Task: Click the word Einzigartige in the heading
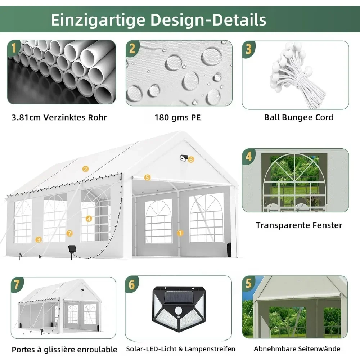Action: (x=98, y=20)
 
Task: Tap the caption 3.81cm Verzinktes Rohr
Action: (x=59, y=117)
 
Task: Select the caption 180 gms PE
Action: (x=178, y=118)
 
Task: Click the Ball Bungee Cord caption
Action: (x=299, y=117)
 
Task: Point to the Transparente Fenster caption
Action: (x=299, y=225)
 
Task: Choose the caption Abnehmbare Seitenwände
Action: (x=297, y=349)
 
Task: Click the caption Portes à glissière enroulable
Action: (x=64, y=350)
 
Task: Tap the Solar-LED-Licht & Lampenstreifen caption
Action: (x=181, y=349)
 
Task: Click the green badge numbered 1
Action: (x=14, y=48)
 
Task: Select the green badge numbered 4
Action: (x=249, y=156)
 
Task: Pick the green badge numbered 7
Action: (x=17, y=285)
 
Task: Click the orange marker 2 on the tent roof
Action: (x=85, y=169)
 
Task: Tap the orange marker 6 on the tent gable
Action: (x=191, y=159)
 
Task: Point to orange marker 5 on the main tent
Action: (x=147, y=177)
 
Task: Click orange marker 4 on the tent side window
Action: (x=89, y=219)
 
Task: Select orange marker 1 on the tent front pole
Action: (x=180, y=233)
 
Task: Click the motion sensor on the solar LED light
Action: (x=179, y=311)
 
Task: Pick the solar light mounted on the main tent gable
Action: (x=184, y=158)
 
